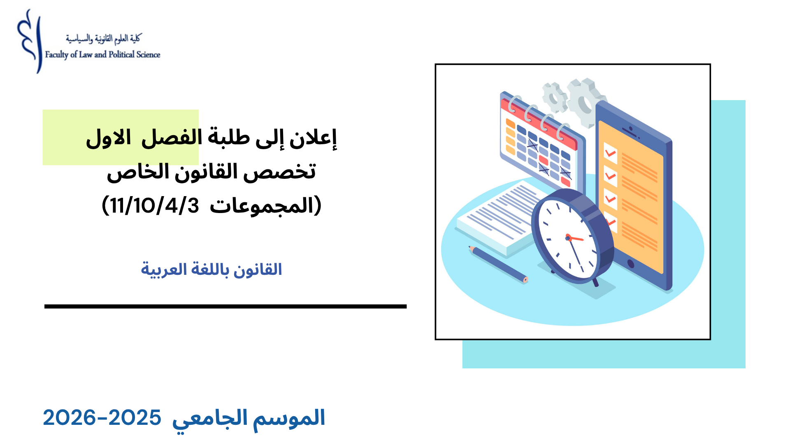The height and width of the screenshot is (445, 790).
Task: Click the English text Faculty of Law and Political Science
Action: (x=102, y=54)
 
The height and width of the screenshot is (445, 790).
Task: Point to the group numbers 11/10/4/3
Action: (x=155, y=205)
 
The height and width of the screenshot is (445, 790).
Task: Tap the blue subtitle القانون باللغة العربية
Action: (x=211, y=269)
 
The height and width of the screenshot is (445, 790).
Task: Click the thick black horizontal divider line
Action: (x=225, y=307)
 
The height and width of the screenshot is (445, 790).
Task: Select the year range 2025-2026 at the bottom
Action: (x=102, y=418)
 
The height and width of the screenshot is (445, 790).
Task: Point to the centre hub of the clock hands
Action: (x=568, y=238)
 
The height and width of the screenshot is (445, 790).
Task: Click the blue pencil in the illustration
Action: (x=498, y=264)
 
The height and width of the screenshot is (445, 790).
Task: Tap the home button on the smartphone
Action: (x=630, y=263)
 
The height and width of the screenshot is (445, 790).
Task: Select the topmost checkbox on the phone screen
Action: (x=610, y=153)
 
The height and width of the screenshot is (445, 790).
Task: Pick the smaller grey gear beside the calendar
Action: (x=554, y=97)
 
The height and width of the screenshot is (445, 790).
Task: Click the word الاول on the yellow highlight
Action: (x=108, y=138)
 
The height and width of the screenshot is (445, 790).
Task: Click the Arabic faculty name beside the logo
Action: (x=103, y=39)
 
